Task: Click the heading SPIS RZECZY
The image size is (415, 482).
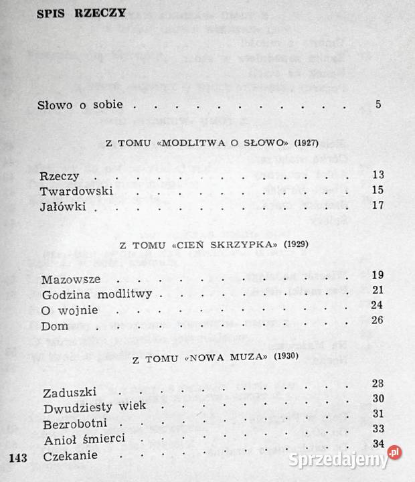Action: pos(72,15)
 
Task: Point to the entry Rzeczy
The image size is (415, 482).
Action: pos(60,176)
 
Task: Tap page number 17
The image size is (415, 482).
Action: pos(377,205)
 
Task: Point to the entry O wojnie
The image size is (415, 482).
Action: pos(70,310)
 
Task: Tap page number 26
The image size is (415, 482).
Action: pos(376,321)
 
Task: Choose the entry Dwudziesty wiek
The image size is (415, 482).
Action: pos(88,408)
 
